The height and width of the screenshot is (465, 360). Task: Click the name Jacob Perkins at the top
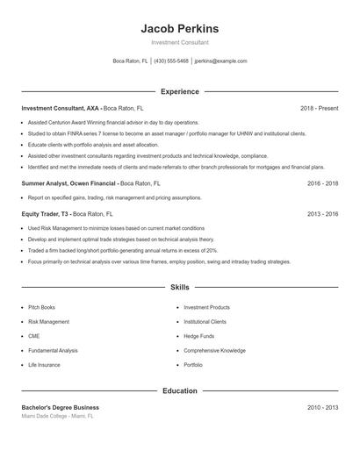click(179, 29)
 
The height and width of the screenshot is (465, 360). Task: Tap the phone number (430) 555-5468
click(171, 61)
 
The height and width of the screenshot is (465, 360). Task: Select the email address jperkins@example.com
click(220, 61)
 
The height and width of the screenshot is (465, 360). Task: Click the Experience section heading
click(179, 91)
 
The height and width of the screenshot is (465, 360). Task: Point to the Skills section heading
click(179, 287)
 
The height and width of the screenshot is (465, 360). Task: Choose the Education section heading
click(179, 390)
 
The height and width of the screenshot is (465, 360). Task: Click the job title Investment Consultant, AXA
click(60, 108)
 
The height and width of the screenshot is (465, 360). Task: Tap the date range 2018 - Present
click(319, 108)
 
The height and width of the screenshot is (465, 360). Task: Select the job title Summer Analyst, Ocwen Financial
click(68, 183)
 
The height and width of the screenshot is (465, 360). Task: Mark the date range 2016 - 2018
click(322, 183)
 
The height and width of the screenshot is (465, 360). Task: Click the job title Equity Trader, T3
click(45, 213)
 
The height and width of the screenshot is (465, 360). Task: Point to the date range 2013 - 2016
click(322, 213)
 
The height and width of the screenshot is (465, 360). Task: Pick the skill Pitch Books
click(41, 308)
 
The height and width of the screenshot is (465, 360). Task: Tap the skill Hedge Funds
click(198, 336)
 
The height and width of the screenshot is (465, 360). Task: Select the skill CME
click(33, 336)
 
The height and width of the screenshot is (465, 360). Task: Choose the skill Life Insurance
click(44, 364)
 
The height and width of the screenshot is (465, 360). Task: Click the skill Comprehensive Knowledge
click(214, 350)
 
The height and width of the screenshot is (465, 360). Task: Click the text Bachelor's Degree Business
click(60, 407)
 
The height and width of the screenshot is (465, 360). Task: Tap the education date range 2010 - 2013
click(322, 407)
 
